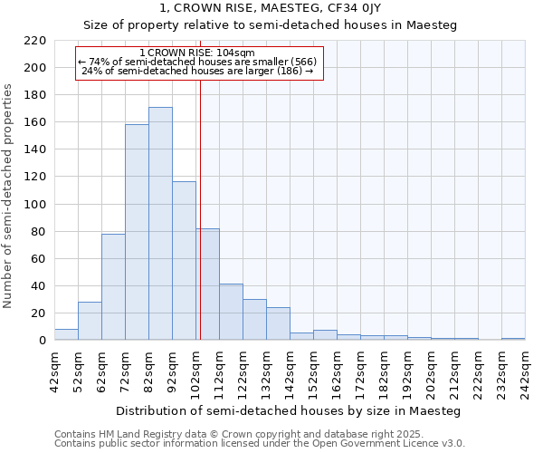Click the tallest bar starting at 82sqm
(x=160, y=224)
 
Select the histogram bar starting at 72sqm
(x=137, y=233)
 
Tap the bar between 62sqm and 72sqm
(x=113, y=287)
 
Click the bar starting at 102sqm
(x=208, y=284)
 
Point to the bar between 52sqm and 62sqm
(x=90, y=321)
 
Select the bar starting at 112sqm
(x=231, y=313)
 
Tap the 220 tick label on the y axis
(x=35, y=41)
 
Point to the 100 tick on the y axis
(x=35, y=205)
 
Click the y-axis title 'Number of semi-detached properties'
(x=9, y=196)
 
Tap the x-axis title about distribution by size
(x=289, y=411)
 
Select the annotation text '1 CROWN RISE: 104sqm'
(x=197, y=53)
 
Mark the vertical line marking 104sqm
(x=200, y=208)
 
